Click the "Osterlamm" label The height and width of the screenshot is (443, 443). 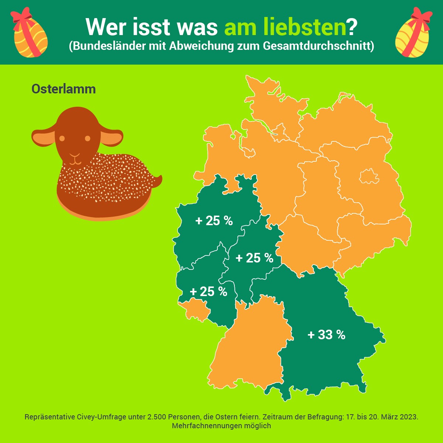(63, 89)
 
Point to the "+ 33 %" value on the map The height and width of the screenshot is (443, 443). (326, 335)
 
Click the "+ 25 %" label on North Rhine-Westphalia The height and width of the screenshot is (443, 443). (214, 221)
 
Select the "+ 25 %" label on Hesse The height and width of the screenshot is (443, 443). (254, 258)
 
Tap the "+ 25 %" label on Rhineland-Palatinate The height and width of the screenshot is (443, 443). (208, 292)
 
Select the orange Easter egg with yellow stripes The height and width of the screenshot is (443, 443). (30, 37)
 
